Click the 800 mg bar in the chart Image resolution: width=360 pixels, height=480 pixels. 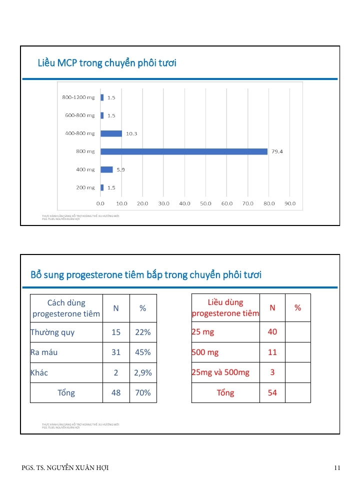pyautogui.click(x=184, y=151)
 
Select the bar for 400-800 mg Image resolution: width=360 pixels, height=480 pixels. pyautogui.click(x=111, y=133)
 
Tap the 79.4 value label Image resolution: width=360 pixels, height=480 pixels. pyautogui.click(x=277, y=151)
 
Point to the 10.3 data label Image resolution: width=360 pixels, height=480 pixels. pyautogui.click(x=131, y=133)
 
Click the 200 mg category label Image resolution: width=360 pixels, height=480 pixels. pyautogui.click(x=85, y=187)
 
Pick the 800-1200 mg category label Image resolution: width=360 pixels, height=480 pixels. pyautogui.click(x=78, y=97)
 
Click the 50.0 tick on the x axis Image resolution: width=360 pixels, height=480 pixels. pyautogui.click(x=206, y=204)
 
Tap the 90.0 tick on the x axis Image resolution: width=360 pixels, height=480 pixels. pyautogui.click(x=290, y=204)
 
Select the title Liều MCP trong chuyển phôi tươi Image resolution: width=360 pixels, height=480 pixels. pyautogui.click(x=107, y=63)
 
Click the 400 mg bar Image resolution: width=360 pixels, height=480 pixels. pyautogui.click(x=106, y=169)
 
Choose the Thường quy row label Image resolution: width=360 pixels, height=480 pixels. pyautogui.click(x=52, y=332)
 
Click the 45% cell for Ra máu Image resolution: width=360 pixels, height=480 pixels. pyautogui.click(x=143, y=352)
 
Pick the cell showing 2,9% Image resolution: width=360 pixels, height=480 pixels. pyautogui.click(x=143, y=372)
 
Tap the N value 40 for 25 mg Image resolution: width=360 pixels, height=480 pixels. pyautogui.click(x=272, y=332)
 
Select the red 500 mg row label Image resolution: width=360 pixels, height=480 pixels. pyautogui.click(x=205, y=352)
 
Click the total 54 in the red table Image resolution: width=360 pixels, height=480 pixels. pyautogui.click(x=272, y=392)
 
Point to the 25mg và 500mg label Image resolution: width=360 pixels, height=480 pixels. pyautogui.click(x=220, y=372)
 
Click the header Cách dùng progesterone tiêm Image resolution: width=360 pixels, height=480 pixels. pyautogui.click(x=66, y=308)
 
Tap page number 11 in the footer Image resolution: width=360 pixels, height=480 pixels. pyautogui.click(x=337, y=468)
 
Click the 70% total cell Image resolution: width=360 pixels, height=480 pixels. pyautogui.click(x=143, y=392)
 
